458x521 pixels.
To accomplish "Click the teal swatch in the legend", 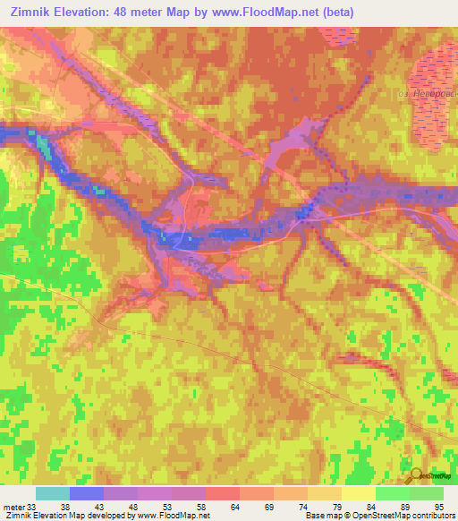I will click(x=52, y=493).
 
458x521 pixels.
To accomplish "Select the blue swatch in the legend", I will click(x=86, y=493).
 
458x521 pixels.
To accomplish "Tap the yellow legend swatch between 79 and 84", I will click(x=358, y=493).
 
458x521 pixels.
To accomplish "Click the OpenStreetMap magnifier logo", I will click(x=416, y=475).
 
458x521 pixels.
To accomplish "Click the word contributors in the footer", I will click(x=430, y=516).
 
